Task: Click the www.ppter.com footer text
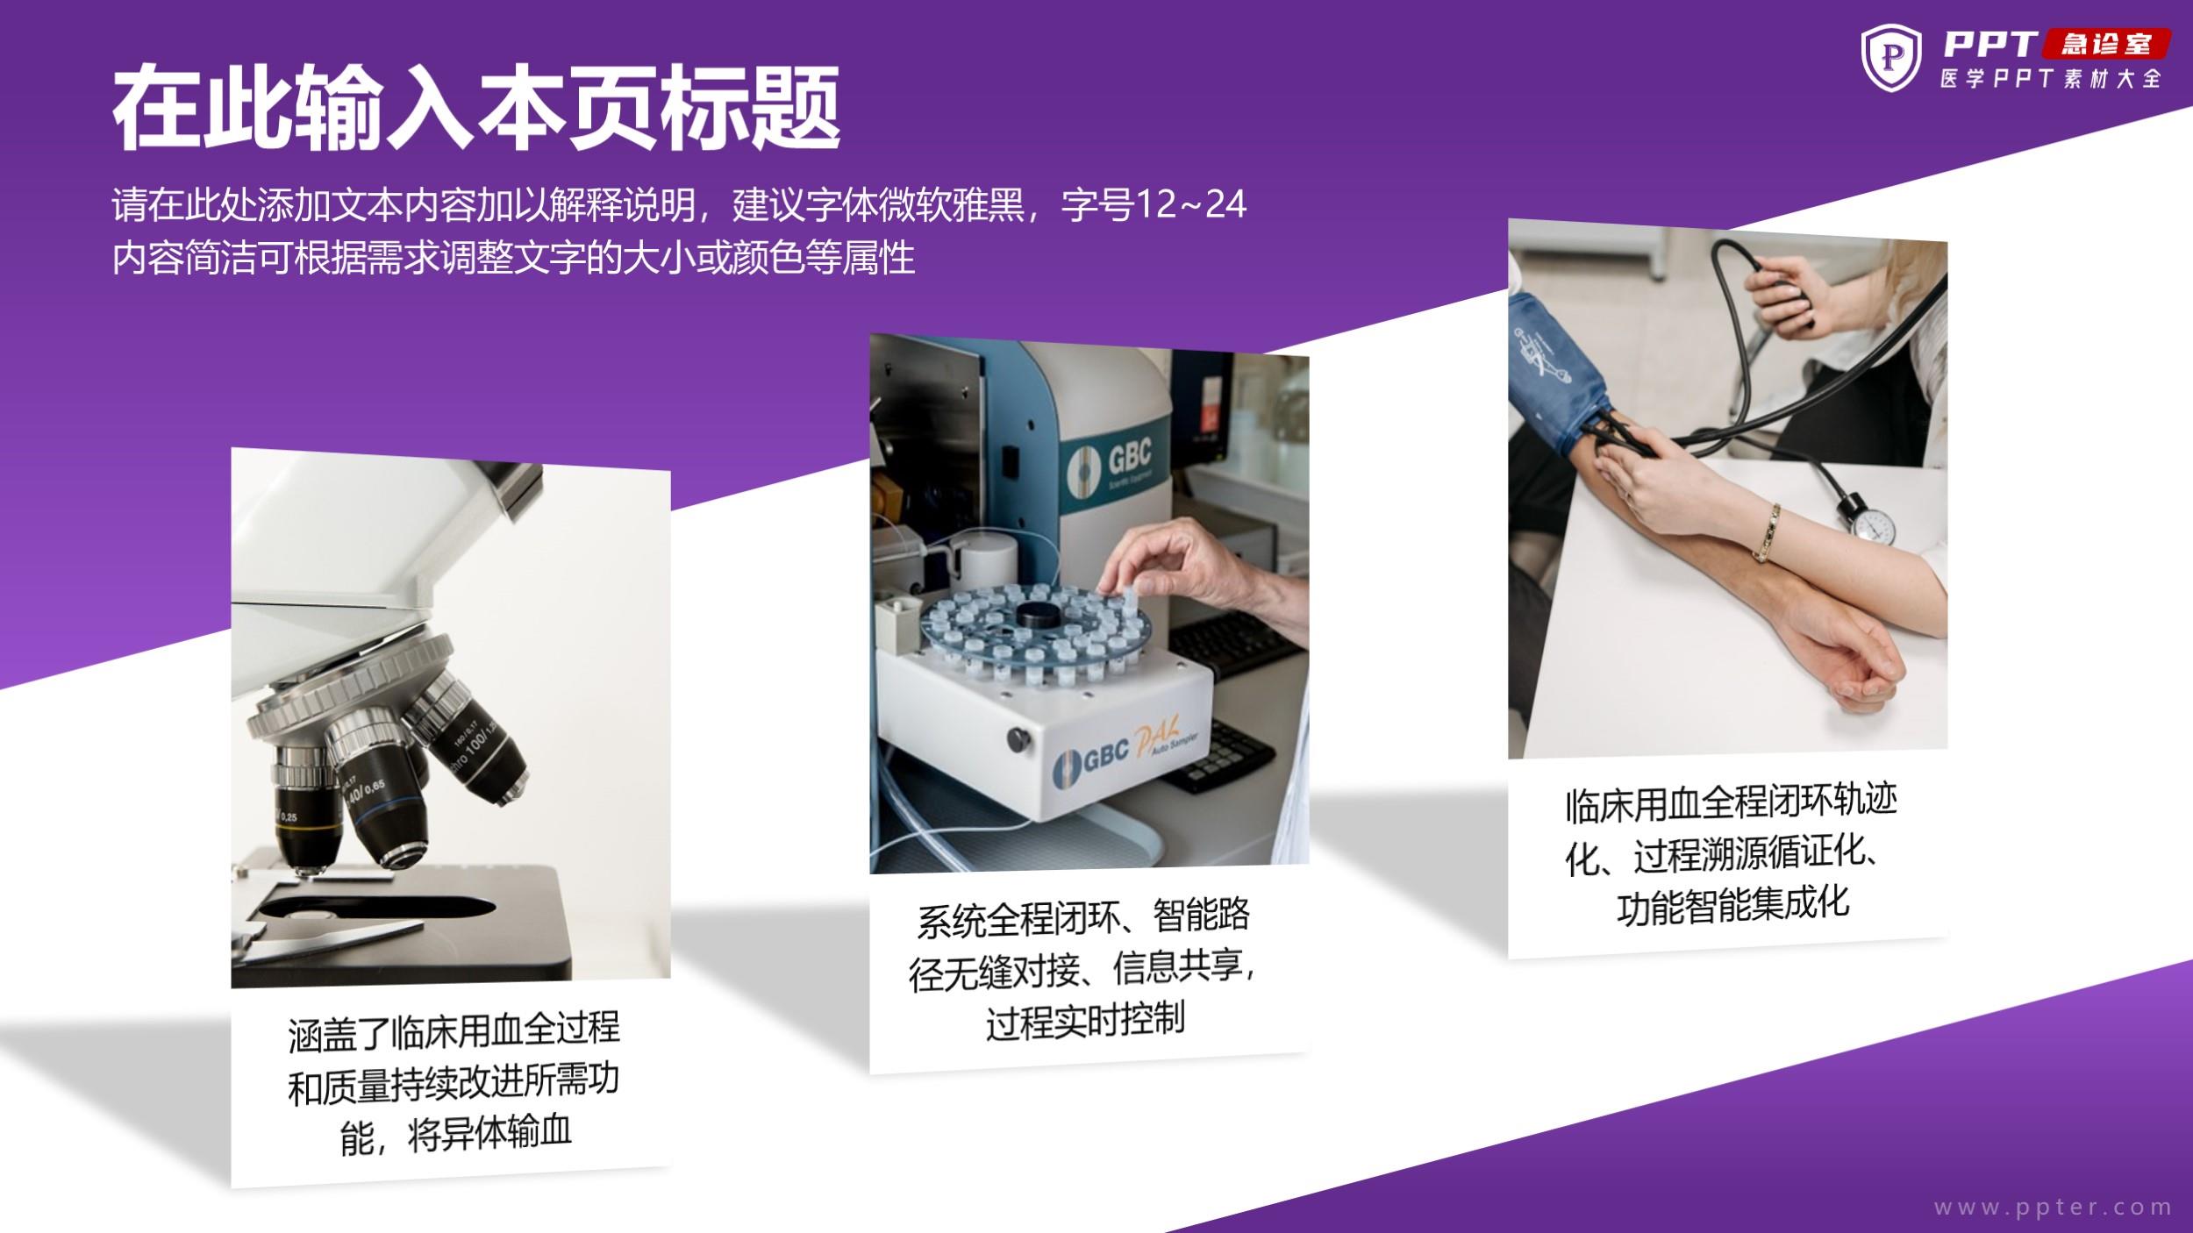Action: point(2053,1208)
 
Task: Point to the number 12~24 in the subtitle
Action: point(1190,204)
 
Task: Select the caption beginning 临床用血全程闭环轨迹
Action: point(1730,854)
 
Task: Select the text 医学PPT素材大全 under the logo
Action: point(2050,79)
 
